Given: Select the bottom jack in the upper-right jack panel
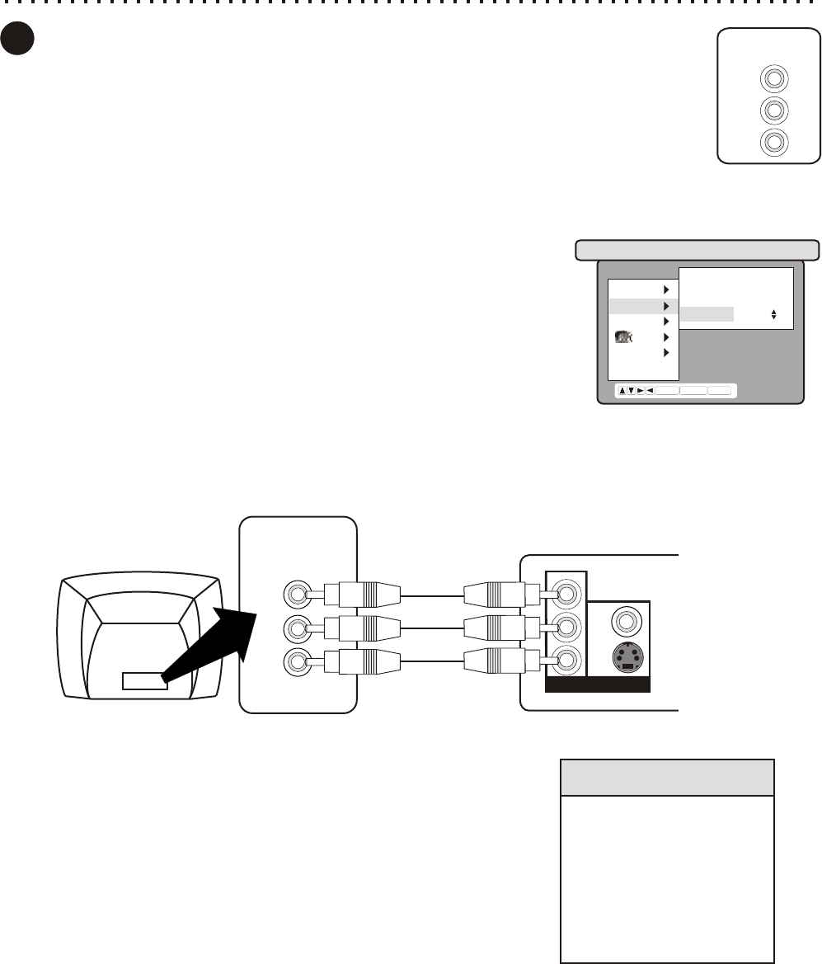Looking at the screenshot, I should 773,142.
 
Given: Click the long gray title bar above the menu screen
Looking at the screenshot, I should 697,250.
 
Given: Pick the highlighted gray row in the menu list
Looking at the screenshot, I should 643,306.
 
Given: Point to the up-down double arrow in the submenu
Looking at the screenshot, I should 773,314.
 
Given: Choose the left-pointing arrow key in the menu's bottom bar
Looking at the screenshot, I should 650,391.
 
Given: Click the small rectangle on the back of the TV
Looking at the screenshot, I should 145,680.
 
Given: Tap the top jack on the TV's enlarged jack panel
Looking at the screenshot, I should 294,593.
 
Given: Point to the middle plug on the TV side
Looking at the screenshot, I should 363,628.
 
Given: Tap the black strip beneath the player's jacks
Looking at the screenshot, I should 598,684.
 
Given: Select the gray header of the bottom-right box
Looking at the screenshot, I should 667,778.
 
